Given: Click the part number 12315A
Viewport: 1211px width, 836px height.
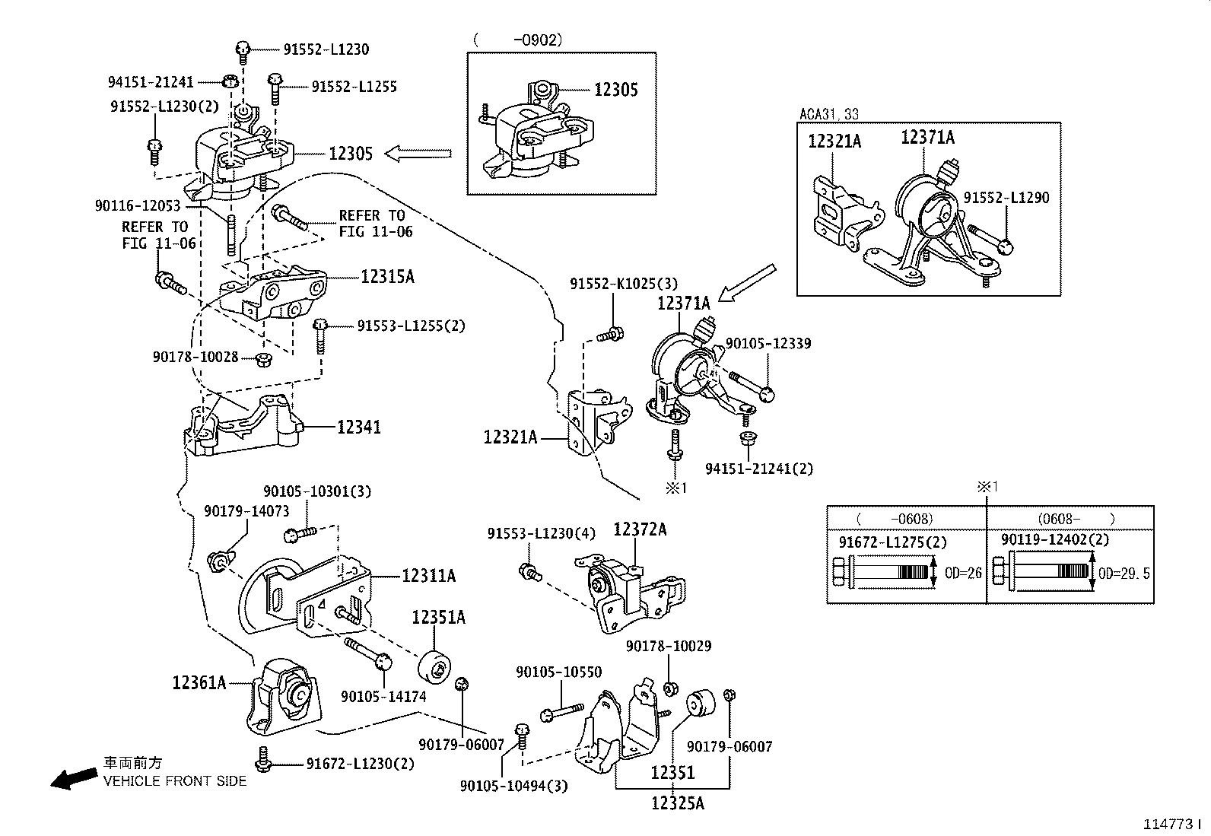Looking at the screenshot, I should pyautogui.click(x=387, y=277).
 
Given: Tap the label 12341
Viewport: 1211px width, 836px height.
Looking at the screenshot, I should pyautogui.click(x=359, y=428).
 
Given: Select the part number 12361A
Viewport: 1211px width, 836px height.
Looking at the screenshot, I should pyautogui.click(x=199, y=682).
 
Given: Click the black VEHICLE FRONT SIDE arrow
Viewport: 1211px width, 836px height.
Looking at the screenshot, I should pyautogui.click(x=72, y=777).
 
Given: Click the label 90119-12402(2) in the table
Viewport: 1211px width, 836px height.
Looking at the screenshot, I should pyautogui.click(x=1054, y=539).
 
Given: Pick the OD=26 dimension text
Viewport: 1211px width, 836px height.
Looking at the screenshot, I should pyautogui.click(x=963, y=573).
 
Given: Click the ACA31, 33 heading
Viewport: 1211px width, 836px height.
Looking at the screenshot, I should pyautogui.click(x=828, y=114).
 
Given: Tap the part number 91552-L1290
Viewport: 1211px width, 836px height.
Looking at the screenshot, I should pyautogui.click(x=1006, y=198).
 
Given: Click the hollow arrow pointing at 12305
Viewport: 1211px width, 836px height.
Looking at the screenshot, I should pyautogui.click(x=418, y=154).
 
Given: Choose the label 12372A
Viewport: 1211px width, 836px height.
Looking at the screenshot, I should pyautogui.click(x=640, y=529).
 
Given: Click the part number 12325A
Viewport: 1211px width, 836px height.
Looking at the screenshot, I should pyautogui.click(x=677, y=802).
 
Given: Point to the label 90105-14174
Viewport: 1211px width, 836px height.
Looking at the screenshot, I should pyautogui.click(x=383, y=696).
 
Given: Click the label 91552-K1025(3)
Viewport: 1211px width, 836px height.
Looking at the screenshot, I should pyautogui.click(x=623, y=284).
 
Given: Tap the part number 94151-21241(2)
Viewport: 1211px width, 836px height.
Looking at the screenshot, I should pyautogui.click(x=758, y=469).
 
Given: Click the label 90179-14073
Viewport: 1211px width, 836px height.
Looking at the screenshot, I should pyautogui.click(x=246, y=510).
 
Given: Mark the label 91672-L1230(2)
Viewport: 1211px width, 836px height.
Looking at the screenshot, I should pyautogui.click(x=360, y=763).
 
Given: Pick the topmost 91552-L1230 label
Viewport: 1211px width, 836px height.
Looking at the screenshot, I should pyautogui.click(x=326, y=49).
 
